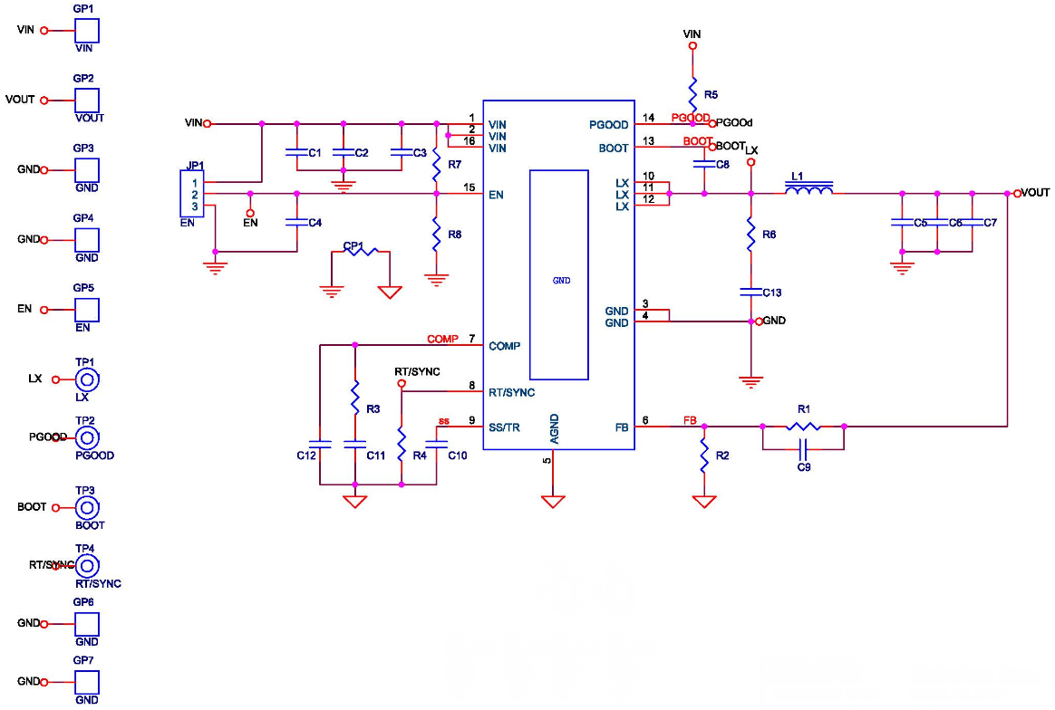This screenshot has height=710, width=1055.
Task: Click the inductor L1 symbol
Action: coord(808,190)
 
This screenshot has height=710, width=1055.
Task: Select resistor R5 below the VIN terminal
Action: coord(692,93)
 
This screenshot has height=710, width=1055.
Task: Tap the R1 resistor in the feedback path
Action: coord(803,426)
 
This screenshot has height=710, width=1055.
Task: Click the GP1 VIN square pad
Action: coord(86,30)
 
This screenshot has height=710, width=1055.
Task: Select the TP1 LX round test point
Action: coord(87,379)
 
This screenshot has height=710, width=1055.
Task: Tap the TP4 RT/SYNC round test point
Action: coord(87,566)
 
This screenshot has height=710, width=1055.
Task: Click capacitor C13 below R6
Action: coord(750,292)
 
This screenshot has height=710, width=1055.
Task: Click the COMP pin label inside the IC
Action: coord(504,346)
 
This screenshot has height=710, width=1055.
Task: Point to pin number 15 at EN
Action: coord(469,187)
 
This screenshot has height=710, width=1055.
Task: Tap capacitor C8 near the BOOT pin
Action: coord(704,164)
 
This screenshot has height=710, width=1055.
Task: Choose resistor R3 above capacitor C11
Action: coord(355,396)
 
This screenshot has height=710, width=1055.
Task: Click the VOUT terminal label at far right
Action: coord(1035,193)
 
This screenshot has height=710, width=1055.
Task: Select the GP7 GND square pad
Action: coord(86,681)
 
